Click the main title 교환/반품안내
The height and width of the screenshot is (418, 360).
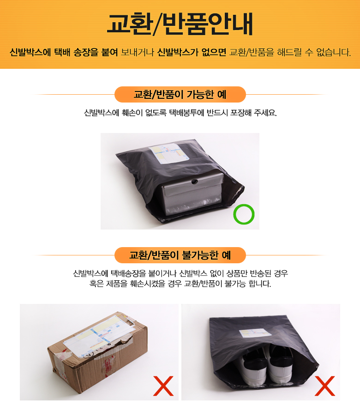(180, 24)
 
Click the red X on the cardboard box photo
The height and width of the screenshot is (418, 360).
(163, 386)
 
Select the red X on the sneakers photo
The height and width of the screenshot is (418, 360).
(325, 386)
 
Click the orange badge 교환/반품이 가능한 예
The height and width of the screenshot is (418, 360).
(180, 94)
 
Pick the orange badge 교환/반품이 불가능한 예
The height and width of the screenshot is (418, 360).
(180, 255)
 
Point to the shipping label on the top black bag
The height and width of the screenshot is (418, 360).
(169, 153)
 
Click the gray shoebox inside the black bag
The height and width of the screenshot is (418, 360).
(192, 194)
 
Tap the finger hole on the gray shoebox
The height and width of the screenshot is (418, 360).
(195, 182)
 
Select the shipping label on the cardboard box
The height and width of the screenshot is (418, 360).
(99, 336)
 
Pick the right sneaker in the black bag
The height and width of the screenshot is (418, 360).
(280, 364)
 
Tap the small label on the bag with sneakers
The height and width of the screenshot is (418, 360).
(255, 333)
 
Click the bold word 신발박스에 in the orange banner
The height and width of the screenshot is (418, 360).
(30, 52)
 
